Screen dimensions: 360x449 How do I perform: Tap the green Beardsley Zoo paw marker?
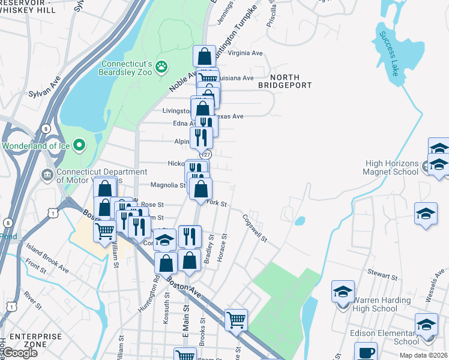point(161,67)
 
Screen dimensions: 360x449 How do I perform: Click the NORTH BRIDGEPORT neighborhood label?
point(285,82)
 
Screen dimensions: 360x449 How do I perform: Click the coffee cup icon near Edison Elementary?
point(366,352)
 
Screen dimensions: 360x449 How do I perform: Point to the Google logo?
point(19,353)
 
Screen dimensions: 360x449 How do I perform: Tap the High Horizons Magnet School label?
point(391,167)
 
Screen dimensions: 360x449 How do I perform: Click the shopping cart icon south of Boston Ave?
point(236,319)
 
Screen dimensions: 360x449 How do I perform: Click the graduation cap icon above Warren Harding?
point(343,292)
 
